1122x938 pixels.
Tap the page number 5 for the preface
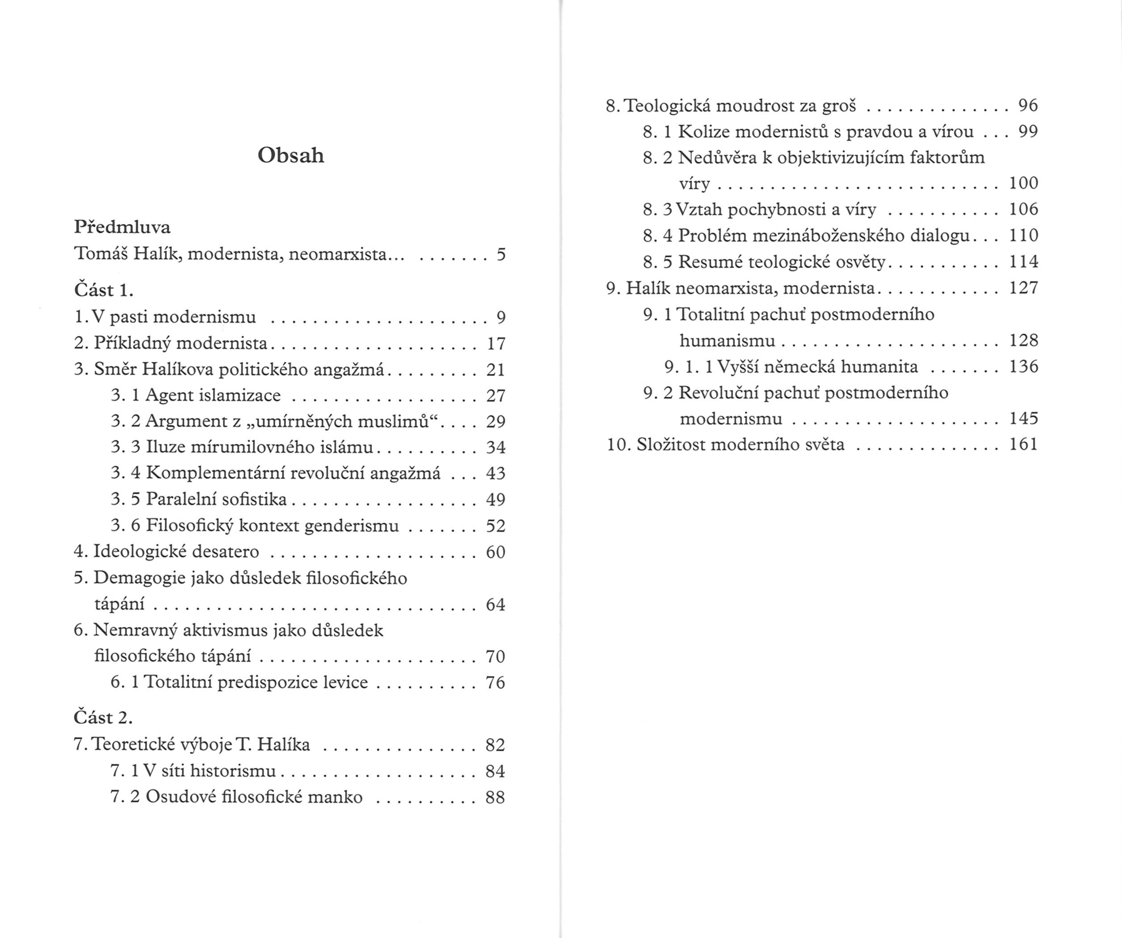tap(501, 254)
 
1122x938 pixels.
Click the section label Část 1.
tap(103, 290)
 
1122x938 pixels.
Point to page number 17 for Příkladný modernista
tap(496, 343)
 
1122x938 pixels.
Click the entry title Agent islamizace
tap(213, 395)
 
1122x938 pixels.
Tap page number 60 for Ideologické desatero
tap(495, 552)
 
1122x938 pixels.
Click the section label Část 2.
tap(103, 718)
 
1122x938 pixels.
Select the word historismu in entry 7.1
tap(233, 771)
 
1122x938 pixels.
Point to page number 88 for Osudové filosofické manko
tap(495, 797)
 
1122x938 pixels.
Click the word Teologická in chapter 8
tap(667, 106)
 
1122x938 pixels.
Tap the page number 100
tap(1023, 183)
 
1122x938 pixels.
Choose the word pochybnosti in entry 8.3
tap(777, 210)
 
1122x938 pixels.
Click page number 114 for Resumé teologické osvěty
tap(1023, 262)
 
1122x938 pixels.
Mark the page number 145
tap(1023, 419)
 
